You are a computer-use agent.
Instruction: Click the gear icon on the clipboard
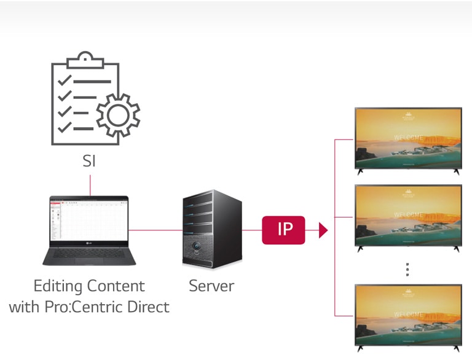point(118,115)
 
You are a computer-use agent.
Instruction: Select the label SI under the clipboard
point(90,162)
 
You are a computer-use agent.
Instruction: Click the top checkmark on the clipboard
point(63,81)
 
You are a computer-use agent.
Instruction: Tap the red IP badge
point(283,230)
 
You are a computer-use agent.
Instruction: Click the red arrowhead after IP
point(323,231)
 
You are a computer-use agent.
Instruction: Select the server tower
point(211,229)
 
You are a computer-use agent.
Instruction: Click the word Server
point(211,286)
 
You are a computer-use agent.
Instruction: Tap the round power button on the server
point(197,249)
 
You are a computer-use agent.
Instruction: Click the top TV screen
point(407,138)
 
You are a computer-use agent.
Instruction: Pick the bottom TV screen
point(407,315)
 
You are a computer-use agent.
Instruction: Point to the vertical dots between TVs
point(407,269)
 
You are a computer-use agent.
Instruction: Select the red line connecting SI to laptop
point(90,185)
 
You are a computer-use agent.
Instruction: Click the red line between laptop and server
point(157,230)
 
